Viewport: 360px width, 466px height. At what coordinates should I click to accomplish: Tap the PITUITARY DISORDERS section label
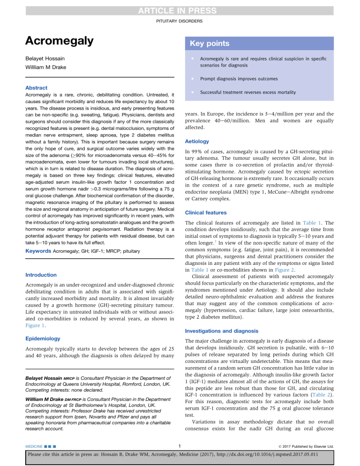(x=180, y=22)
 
